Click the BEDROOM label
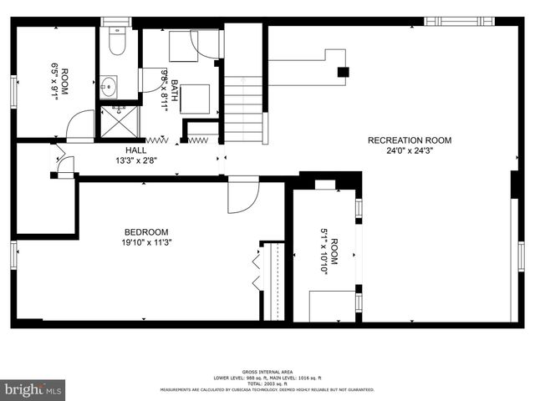click(x=146, y=232)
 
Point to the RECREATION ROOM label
click(x=410, y=140)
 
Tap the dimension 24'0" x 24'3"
click(x=410, y=151)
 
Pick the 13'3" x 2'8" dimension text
click(x=135, y=160)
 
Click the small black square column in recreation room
click(x=342, y=72)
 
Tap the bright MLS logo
click(x=33, y=389)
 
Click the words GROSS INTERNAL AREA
click(x=267, y=372)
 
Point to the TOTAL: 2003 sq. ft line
click(x=267, y=383)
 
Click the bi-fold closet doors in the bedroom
click(x=257, y=272)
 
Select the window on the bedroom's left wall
click(x=13, y=255)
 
